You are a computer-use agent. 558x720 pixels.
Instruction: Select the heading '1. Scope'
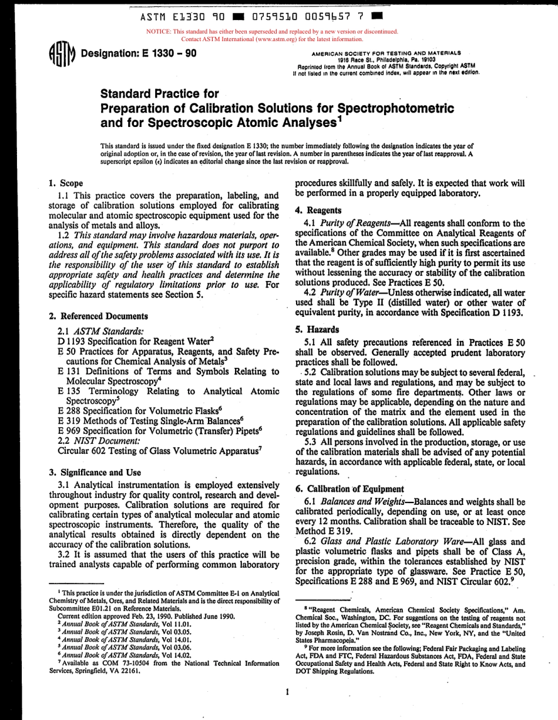click(66, 183)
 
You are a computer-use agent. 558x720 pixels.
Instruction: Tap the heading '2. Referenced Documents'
click(90, 316)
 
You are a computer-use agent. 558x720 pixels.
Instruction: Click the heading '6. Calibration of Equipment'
click(349, 488)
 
